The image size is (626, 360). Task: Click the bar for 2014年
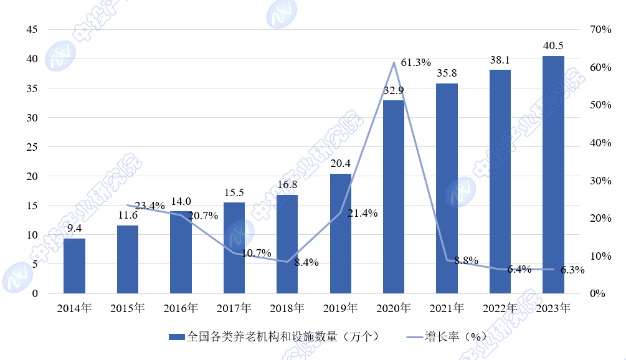(x=74, y=266)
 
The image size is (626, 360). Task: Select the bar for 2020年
(x=394, y=197)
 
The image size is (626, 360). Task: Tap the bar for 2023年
(x=553, y=174)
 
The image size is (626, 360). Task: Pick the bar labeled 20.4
(x=340, y=234)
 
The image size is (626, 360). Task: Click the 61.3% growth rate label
(x=416, y=63)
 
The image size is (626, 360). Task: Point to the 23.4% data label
(x=150, y=206)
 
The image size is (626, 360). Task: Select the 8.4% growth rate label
(x=306, y=263)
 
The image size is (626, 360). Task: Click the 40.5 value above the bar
(x=553, y=46)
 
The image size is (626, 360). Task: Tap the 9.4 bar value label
(x=74, y=229)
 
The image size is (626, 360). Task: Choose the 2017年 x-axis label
(x=234, y=308)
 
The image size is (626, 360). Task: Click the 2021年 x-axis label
(x=447, y=308)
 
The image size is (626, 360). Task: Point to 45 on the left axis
(x=31, y=30)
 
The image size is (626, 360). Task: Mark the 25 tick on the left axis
(x=31, y=147)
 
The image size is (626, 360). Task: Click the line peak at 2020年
(x=394, y=62)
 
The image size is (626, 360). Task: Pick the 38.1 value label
(x=500, y=60)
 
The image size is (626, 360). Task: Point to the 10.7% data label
(x=257, y=253)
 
